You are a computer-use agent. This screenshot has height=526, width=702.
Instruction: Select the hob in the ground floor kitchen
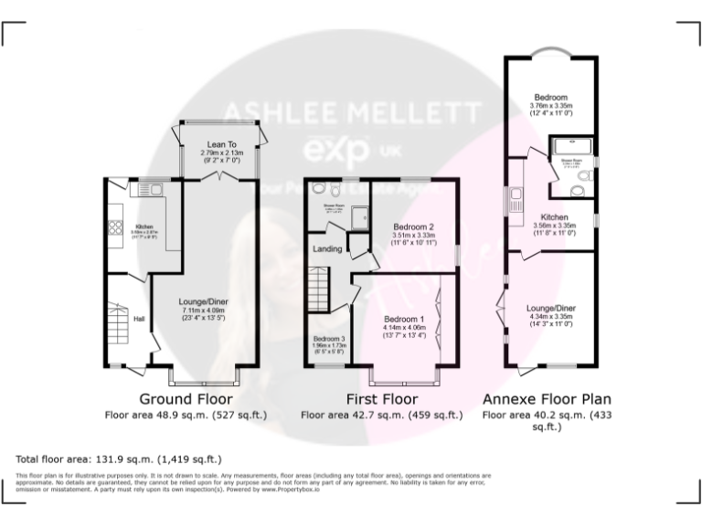click(x=116, y=228)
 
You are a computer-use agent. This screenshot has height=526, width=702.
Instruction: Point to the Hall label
click(x=140, y=319)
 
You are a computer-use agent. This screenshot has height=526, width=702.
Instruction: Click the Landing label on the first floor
click(x=328, y=248)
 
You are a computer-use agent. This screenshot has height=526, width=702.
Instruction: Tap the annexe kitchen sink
click(x=517, y=194)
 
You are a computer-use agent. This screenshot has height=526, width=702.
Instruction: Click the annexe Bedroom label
click(x=551, y=97)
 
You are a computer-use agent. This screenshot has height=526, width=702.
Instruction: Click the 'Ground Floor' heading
click(x=186, y=399)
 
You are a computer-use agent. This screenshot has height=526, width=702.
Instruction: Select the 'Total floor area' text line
click(x=119, y=459)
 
